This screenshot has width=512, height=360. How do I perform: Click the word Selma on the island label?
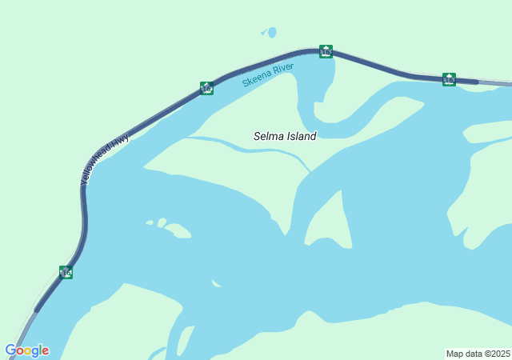click(x=269, y=136)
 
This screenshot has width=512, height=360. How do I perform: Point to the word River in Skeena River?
click(x=283, y=69)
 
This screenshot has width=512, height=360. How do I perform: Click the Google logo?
click(x=26, y=350)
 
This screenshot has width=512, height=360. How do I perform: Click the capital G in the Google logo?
click(x=10, y=350)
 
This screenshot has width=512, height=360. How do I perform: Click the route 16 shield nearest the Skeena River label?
click(x=206, y=88)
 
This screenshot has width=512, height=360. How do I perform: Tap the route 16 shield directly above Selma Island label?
click(x=326, y=51)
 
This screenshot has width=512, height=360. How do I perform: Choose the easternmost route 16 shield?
click(x=449, y=79)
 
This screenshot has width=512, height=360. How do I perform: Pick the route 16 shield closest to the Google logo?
click(x=66, y=272)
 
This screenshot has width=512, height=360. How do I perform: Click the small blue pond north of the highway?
click(x=270, y=33)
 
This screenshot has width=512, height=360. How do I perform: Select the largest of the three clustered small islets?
click(x=178, y=230)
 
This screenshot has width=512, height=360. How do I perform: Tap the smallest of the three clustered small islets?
click(x=149, y=222)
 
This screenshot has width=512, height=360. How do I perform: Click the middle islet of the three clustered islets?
click(x=162, y=222)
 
